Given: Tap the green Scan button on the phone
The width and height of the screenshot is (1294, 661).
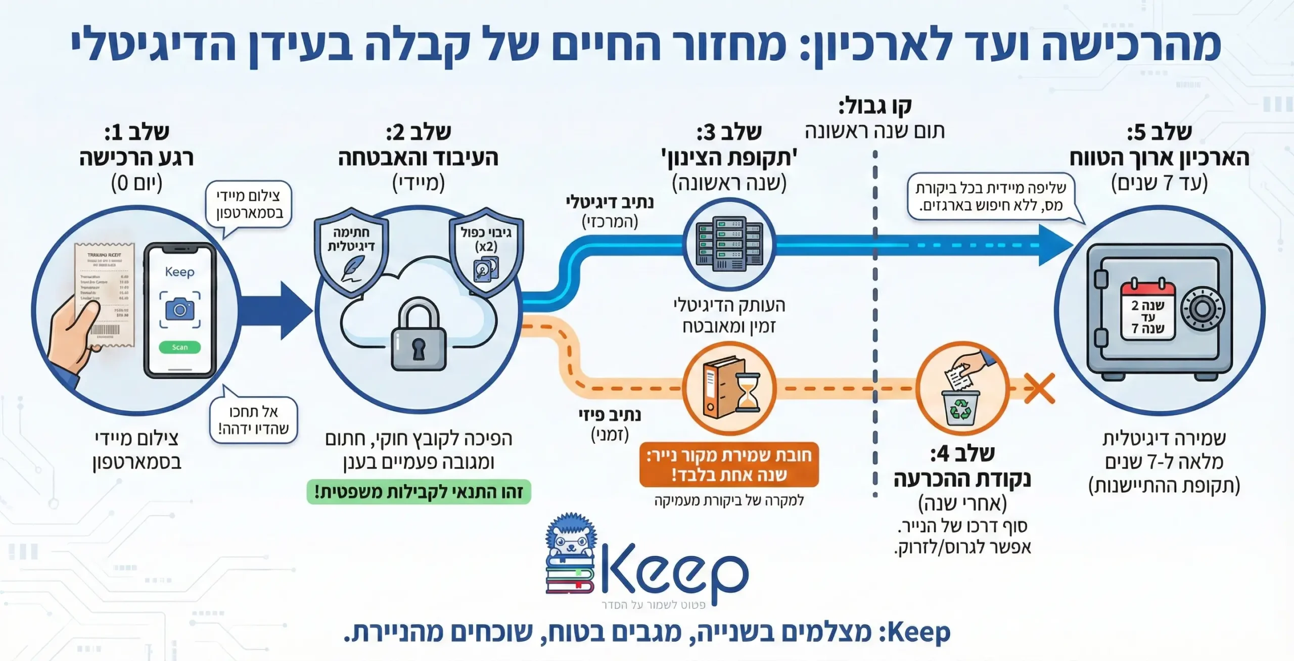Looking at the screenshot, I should tap(179, 347).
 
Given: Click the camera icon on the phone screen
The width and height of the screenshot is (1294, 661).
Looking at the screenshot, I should tap(179, 308).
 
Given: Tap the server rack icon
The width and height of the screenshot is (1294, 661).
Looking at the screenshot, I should tap(729, 244).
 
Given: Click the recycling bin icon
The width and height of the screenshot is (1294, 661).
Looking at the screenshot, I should tap(960, 406).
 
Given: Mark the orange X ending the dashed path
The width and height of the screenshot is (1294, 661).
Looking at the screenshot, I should tap(1039, 388).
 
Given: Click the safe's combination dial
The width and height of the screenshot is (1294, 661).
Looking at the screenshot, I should tap(1202, 309).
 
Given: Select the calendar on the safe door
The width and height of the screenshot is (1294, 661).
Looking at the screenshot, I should tap(1147, 311).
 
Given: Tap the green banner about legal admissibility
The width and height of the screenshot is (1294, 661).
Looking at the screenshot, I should tap(419, 492).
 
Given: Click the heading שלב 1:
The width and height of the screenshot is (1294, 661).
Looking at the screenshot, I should tap(136, 132).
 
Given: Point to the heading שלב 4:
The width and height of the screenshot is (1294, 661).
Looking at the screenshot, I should tap(962, 453).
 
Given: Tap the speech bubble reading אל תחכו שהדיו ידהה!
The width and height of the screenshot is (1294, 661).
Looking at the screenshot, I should tap(253, 419).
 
